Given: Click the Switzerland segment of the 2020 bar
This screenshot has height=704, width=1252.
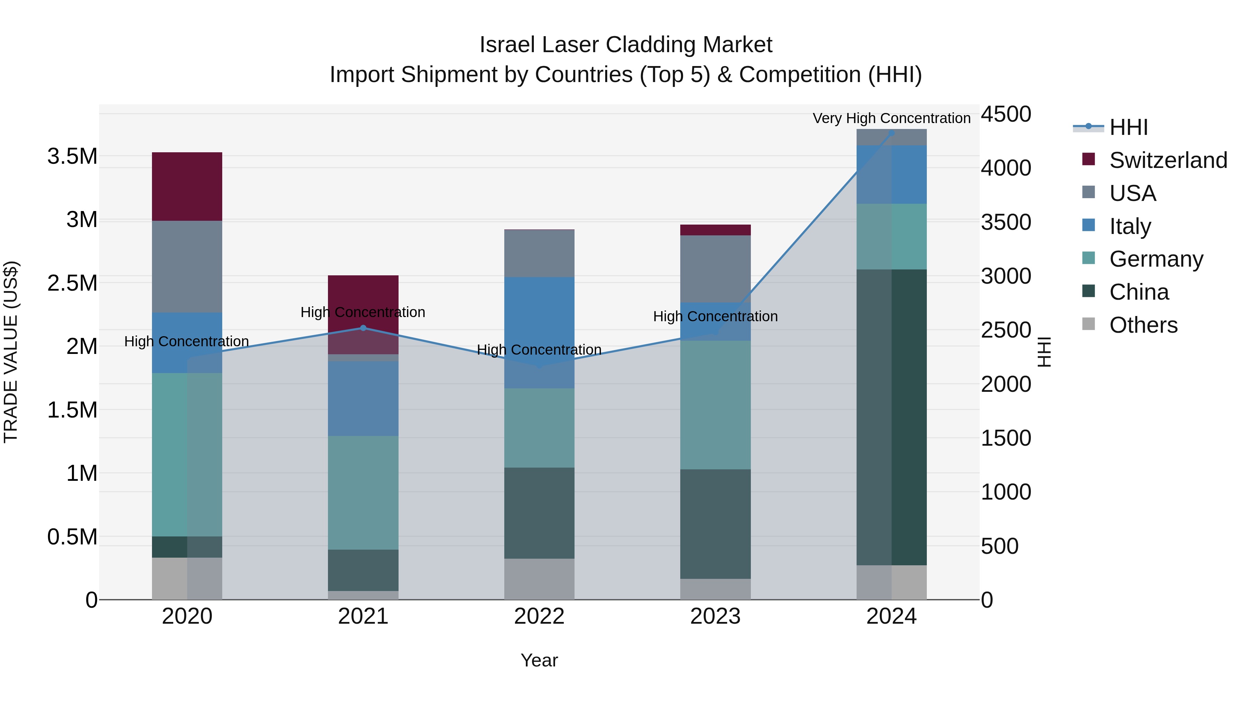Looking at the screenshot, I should point(187,187).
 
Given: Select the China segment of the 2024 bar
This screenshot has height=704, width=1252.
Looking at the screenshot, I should point(891,417).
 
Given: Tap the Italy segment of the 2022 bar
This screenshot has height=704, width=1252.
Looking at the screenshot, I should point(539,332).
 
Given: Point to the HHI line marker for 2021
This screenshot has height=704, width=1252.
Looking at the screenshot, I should point(363,328).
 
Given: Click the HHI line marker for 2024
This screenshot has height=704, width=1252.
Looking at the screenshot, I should point(891,133).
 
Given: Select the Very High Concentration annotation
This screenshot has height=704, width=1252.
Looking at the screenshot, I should point(891,118).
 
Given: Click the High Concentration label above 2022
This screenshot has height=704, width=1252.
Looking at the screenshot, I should point(539,350).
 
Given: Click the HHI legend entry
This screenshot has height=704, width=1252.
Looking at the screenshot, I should point(1128,127).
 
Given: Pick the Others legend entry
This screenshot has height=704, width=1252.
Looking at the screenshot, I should point(1143,325).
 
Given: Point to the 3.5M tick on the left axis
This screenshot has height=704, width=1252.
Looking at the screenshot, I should point(72,156).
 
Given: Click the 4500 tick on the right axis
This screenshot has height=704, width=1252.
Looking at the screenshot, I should point(1005,114).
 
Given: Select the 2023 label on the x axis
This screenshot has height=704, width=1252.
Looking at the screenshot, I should point(715,616).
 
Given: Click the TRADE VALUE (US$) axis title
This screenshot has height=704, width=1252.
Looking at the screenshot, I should point(11,352).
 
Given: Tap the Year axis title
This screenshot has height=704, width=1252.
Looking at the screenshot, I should point(539,660).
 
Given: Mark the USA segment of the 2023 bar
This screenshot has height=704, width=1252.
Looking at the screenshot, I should point(715,269).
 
